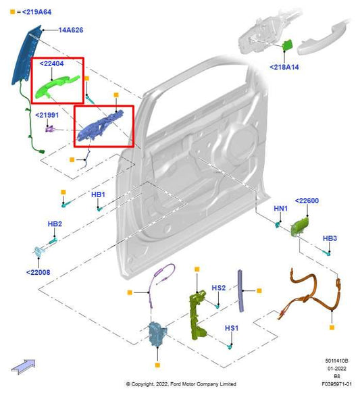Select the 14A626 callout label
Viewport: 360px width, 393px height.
click(70, 30)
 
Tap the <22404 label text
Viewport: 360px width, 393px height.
click(52, 63)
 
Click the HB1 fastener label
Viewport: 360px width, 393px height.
click(98, 194)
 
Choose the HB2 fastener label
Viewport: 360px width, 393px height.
click(55, 224)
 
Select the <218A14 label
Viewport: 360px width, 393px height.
click(286, 68)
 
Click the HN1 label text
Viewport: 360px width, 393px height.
click(281, 209)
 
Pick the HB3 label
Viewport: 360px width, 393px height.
click(330, 238)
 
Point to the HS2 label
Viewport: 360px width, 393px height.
click(218, 288)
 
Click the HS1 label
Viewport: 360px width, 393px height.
click(232, 327)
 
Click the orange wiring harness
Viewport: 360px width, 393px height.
click(311, 294)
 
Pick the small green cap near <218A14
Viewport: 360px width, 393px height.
click(286, 46)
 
